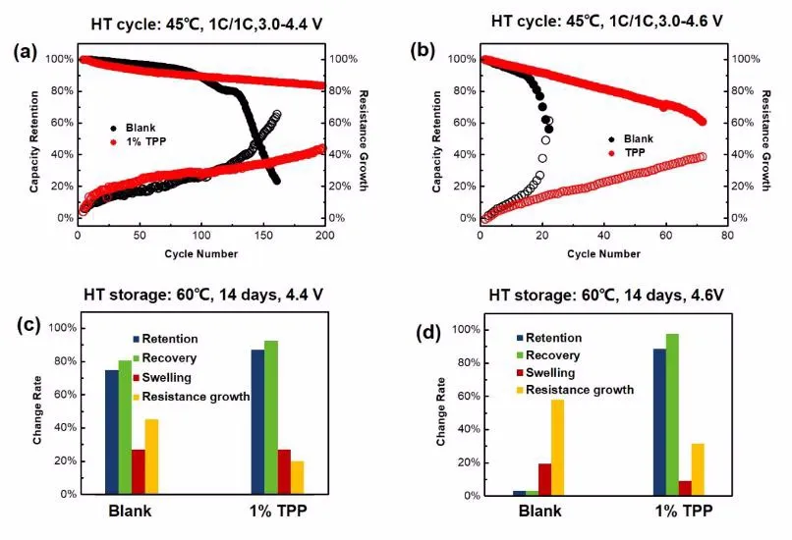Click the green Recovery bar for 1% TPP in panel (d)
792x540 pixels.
[673, 414]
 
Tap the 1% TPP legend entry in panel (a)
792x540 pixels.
[145, 143]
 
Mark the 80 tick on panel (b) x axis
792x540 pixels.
[726, 236]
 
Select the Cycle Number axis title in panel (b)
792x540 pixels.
[602, 253]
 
